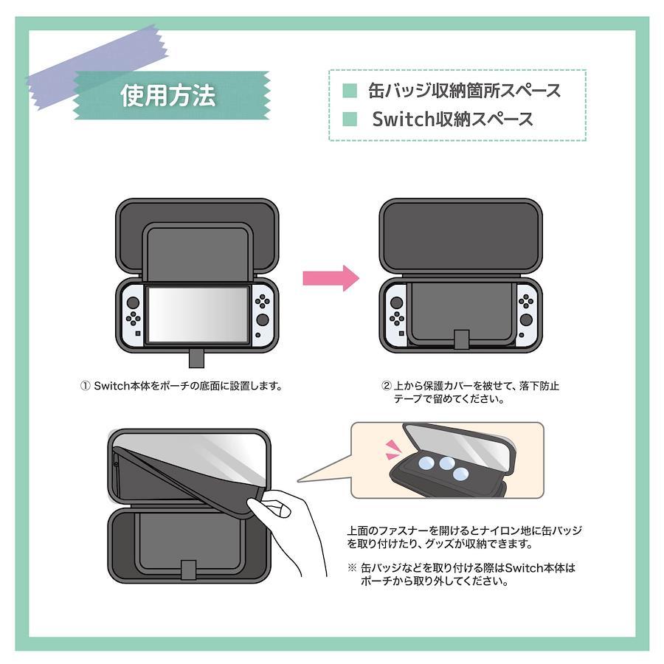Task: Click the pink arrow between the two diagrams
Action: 331,278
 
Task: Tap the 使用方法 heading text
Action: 168,95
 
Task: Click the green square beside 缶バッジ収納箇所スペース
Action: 350,91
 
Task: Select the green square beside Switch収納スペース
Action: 350,119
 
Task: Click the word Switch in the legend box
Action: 401,119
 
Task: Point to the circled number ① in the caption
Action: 85,386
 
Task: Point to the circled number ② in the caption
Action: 387,386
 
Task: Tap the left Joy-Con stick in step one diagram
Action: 133,302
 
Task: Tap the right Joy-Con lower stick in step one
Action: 263,319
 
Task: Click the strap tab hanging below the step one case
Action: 196,359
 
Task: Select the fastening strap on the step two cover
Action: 461,339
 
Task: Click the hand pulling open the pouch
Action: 288,529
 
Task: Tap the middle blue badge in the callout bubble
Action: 446,463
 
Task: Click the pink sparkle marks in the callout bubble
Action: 392,449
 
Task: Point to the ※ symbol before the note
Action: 353,567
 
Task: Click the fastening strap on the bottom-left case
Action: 189,570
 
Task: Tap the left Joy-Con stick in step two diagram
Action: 396,303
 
